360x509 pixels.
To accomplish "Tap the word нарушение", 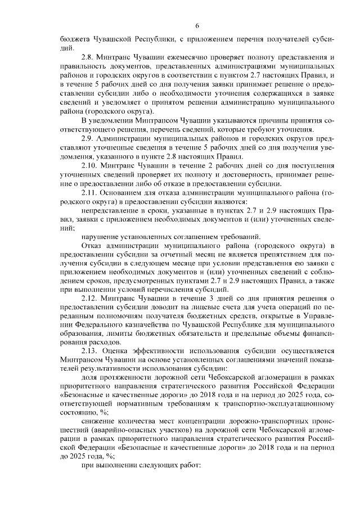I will tap(100, 236).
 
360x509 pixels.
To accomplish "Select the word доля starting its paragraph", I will tap(89, 377).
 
